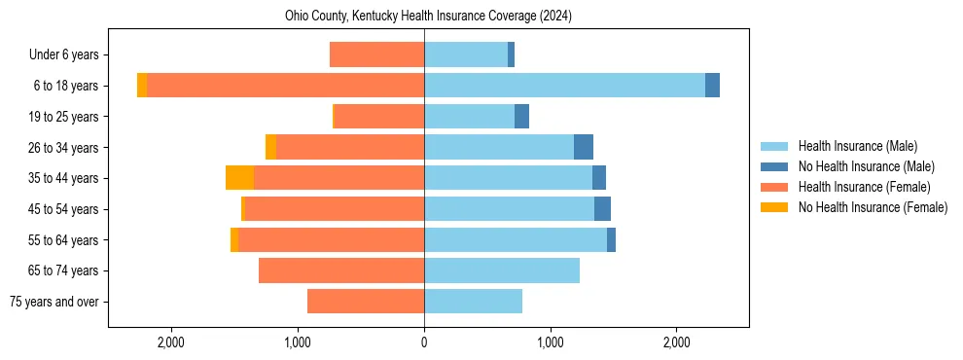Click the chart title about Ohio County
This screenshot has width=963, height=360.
[428, 17]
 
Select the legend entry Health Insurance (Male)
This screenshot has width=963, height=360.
[857, 146]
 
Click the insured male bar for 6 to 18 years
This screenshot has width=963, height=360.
[564, 86]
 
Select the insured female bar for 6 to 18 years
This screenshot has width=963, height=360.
[285, 86]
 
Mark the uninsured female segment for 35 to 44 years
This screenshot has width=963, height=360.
[239, 178]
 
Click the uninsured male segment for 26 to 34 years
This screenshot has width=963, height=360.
[584, 147]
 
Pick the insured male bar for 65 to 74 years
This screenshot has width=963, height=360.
[502, 270]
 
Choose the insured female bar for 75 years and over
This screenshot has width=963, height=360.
[366, 302]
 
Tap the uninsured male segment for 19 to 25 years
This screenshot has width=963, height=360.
[521, 117]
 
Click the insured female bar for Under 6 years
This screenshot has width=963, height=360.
[376, 54]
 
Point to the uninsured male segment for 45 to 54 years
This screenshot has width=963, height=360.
[602, 209]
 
